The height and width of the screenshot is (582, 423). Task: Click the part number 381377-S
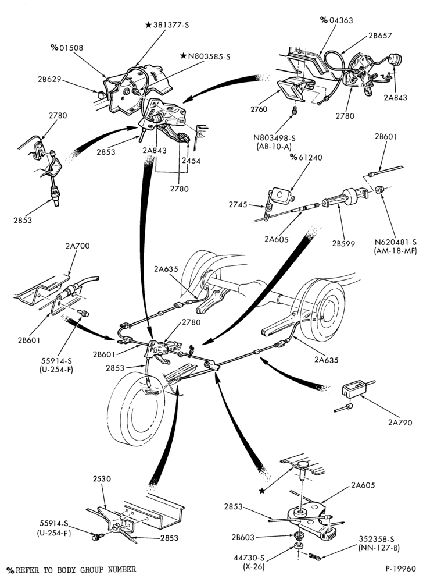click(x=171, y=25)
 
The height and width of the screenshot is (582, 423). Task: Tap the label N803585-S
click(x=209, y=56)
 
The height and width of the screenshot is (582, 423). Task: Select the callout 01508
click(x=71, y=48)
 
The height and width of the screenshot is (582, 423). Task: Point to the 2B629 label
click(x=49, y=79)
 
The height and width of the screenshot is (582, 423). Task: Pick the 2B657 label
click(x=380, y=36)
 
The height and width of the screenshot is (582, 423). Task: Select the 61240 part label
click(x=310, y=157)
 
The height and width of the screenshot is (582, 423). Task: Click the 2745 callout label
click(x=238, y=204)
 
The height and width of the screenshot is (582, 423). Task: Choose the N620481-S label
click(x=395, y=242)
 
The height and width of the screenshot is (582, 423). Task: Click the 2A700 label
click(x=77, y=246)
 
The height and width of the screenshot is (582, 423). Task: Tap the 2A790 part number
click(x=400, y=423)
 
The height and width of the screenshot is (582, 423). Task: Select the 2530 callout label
click(x=102, y=479)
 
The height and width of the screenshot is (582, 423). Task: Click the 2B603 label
click(x=243, y=537)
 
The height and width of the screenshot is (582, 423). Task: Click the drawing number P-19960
click(x=400, y=569)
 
